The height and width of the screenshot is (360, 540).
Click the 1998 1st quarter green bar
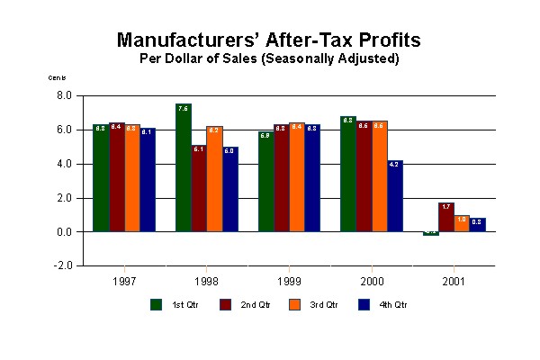[183, 167]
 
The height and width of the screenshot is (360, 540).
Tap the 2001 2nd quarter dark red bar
[446, 218]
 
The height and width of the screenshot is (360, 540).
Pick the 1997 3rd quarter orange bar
[132, 178]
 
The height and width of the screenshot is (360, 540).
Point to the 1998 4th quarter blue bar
[229, 189]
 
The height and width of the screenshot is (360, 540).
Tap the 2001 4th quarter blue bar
[478, 225]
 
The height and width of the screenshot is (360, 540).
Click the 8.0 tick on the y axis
[64, 95]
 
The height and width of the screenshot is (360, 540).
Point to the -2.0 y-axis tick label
[63, 266]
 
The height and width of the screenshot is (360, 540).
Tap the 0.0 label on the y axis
[64, 232]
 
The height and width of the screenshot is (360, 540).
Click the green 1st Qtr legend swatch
[156, 304]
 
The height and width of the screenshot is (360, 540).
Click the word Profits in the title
[375, 40]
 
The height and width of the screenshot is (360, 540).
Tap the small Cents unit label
[57, 77]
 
